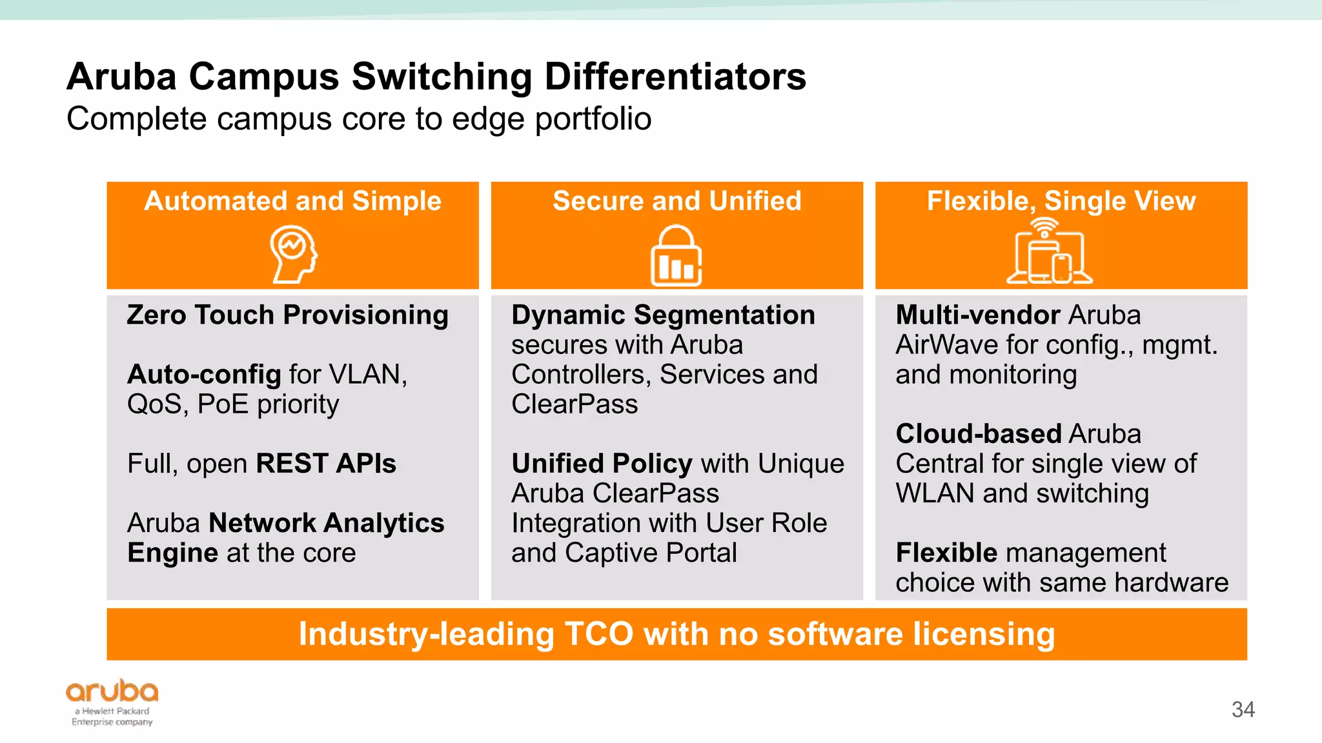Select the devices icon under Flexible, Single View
coord(1049,253)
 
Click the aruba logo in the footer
coord(112,691)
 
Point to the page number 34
coord(1243,709)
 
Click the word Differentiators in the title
coord(675,77)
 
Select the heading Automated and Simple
coord(292,201)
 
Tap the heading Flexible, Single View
coord(1061,201)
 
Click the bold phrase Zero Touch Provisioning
coord(288,315)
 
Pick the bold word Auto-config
coord(204,375)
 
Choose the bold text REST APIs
coord(326,464)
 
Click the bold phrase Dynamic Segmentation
coord(663,315)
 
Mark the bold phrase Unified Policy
coord(602,464)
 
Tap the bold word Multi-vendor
coord(977,315)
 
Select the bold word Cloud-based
coord(978,434)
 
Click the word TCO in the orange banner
coord(598,634)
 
